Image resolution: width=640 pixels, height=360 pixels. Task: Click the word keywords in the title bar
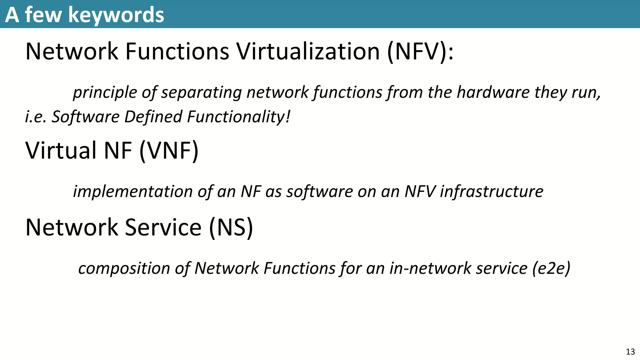tap(116, 15)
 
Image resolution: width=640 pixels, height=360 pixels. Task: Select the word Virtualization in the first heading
tap(308, 51)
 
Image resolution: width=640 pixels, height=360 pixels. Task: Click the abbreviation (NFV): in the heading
tap(420, 51)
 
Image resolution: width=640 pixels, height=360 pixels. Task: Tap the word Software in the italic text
tap(85, 117)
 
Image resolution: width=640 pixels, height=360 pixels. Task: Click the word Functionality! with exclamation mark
tap(239, 117)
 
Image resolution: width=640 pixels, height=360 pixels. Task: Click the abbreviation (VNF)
tap(169, 151)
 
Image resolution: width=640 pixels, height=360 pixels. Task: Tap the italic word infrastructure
tap(492, 192)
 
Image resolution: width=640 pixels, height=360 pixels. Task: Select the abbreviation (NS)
tap(231, 227)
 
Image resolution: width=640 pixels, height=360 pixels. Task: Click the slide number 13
tap(630, 352)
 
